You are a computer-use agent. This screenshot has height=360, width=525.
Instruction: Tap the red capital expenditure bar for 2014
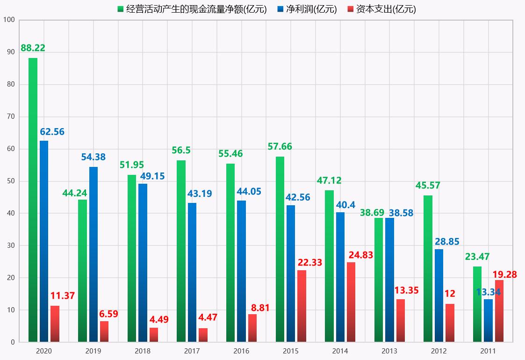click(351, 302)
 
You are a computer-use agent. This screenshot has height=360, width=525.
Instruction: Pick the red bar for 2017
click(203, 335)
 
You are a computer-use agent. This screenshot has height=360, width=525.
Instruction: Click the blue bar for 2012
click(439, 295)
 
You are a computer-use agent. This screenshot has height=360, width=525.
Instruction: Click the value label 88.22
click(33, 48)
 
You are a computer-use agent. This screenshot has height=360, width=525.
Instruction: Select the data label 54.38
click(93, 158)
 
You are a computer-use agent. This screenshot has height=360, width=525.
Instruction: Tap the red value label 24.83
click(360, 255)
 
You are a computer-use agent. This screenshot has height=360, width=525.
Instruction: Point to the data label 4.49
click(159, 320)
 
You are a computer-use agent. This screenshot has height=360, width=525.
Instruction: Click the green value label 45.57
click(428, 186)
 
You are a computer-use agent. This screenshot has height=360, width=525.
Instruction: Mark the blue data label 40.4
click(345, 205)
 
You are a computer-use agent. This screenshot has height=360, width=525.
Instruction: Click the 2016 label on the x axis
click(241, 351)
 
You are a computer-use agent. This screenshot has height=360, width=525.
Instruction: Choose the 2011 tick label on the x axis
click(488, 351)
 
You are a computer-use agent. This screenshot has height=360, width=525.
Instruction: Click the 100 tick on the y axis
click(9, 20)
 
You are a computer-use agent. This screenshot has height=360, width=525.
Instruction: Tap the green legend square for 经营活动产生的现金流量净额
click(121, 9)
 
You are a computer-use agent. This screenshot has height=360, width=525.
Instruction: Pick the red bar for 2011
click(499, 310)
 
